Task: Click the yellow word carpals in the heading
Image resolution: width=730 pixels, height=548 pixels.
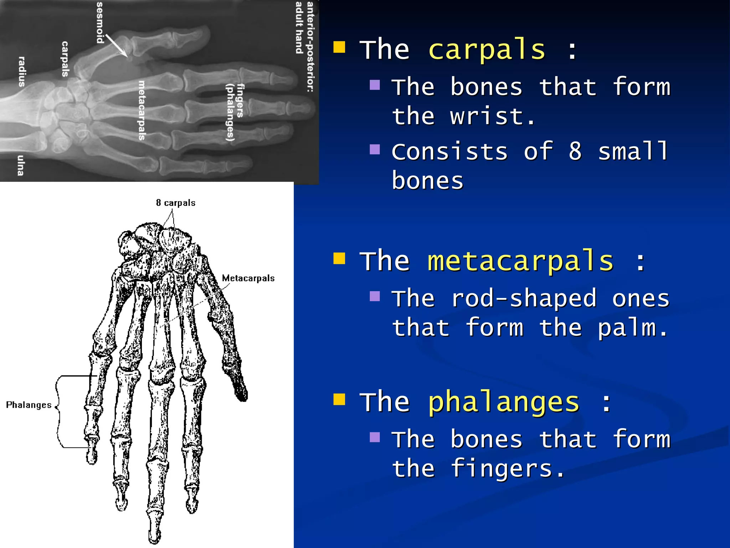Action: (487, 50)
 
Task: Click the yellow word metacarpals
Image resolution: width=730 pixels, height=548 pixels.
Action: (520, 261)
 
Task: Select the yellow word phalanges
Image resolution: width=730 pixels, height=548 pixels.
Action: (503, 402)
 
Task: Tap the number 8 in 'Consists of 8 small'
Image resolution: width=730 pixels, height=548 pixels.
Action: (575, 152)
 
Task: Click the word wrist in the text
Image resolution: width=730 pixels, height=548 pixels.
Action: (492, 117)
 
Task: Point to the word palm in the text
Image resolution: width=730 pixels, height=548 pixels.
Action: (632, 328)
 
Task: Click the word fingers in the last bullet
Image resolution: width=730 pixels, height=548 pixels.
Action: (508, 468)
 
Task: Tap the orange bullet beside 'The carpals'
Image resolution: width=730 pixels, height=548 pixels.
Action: (339, 47)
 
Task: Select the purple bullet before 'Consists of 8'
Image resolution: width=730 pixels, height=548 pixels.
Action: (375, 149)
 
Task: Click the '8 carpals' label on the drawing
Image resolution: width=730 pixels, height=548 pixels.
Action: (176, 203)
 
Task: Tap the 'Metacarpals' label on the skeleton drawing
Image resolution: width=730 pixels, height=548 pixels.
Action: (248, 278)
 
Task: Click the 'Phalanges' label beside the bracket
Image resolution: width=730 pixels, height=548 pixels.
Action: (29, 405)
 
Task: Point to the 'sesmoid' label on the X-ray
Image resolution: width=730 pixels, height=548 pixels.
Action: (101, 22)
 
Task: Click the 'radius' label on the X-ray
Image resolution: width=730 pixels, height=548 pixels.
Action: (22, 71)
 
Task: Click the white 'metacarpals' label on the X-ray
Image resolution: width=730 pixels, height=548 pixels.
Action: (142, 110)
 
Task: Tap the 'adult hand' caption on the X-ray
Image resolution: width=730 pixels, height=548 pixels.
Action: (299, 28)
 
